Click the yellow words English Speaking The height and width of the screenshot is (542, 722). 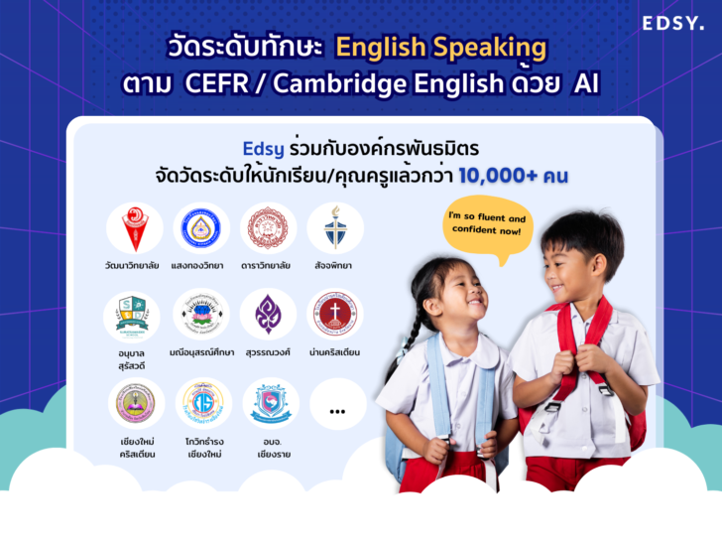pos(440,47)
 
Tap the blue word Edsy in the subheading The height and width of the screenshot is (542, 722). pos(263,149)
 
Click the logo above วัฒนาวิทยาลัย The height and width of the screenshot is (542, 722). pos(136,228)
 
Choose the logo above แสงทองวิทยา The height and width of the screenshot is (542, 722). pos(201,228)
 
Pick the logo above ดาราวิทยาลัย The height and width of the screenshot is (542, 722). pos(268,228)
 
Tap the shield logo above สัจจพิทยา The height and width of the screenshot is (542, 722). pos(334,228)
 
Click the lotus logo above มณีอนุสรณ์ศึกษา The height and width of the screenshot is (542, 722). pos(201,315)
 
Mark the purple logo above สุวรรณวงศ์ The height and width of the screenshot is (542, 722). pos(268,315)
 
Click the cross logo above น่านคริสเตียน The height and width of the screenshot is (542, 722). pos(334,315)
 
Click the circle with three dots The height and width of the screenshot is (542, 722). pos(337,406)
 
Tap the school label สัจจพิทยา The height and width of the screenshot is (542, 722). pos(334,266)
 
